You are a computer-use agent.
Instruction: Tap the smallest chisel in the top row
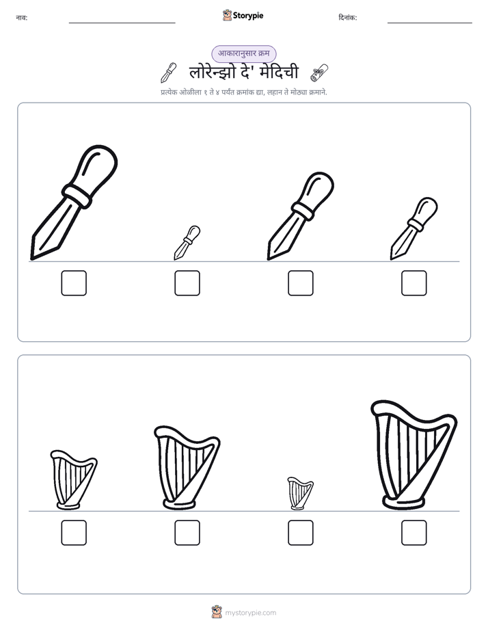(187, 243)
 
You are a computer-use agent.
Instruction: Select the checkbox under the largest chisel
(74, 283)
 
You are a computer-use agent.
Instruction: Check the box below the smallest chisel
(187, 283)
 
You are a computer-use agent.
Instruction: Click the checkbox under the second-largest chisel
(301, 283)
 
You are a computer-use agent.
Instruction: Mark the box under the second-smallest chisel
(414, 283)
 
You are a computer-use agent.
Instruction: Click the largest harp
(414, 455)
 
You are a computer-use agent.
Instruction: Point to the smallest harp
(300, 493)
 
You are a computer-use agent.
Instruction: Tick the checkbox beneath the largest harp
(414, 533)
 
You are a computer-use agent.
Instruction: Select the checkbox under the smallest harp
(301, 533)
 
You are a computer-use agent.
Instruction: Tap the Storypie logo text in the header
(248, 16)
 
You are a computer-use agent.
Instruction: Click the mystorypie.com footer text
(250, 613)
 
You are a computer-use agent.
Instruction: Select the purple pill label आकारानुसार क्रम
(243, 53)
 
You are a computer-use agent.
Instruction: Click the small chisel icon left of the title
(169, 73)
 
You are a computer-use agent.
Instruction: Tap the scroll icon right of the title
(319, 73)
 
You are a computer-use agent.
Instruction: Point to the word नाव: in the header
(22, 18)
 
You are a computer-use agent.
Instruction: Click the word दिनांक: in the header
(348, 18)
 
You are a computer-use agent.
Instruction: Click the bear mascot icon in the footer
(217, 612)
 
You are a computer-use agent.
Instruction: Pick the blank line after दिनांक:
(430, 23)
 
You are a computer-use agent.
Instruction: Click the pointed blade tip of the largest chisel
(32, 259)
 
